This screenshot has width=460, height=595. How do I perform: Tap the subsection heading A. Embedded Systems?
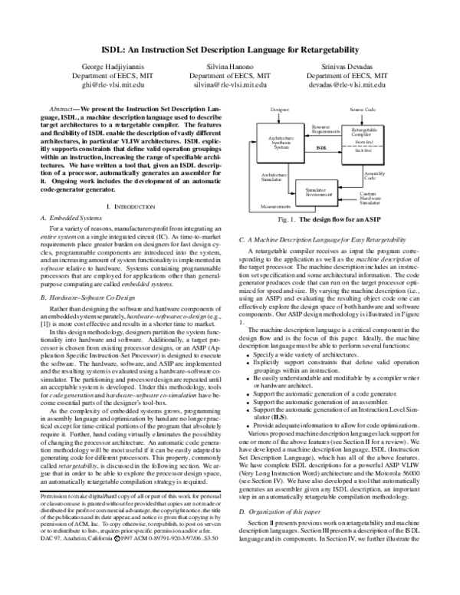(67, 219)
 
